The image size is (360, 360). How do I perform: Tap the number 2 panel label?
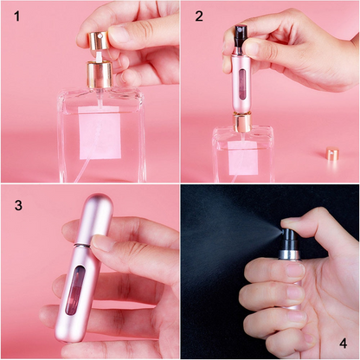pos(199,16)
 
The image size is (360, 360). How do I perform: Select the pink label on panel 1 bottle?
pos(100,133)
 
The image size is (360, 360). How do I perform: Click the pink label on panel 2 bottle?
pos(244,157)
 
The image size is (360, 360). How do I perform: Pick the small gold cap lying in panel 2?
pos(331,155)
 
